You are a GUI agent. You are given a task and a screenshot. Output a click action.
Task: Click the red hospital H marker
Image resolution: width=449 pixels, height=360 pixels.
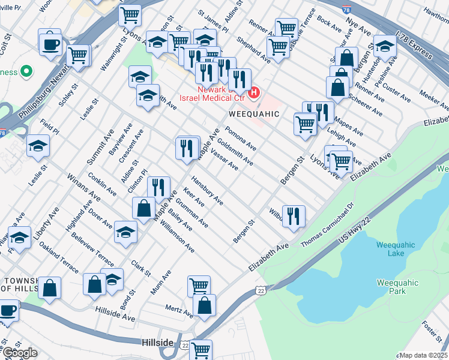254,93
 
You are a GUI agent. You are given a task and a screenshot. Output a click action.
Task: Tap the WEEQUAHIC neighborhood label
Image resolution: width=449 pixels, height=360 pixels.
254,113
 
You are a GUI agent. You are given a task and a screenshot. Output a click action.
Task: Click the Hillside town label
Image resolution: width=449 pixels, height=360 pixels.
157,342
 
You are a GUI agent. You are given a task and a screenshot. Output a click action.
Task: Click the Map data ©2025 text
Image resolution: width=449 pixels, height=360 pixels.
423,355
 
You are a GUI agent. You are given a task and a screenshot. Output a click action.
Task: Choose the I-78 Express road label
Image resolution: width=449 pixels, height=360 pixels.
415,46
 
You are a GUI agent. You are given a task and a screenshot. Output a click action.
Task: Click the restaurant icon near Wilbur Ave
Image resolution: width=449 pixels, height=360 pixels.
294,215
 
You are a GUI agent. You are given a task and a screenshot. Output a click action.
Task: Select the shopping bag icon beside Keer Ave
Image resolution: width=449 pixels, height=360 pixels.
144,208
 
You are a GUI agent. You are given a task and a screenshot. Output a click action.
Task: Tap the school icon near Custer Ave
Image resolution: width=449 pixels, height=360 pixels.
385,45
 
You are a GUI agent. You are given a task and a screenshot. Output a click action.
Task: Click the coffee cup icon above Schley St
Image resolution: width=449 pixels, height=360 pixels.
50,43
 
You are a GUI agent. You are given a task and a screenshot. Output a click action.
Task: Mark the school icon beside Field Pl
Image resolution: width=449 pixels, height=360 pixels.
38,146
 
